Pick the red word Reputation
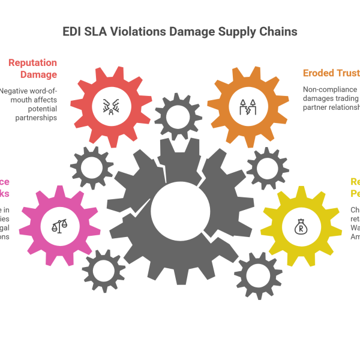(32, 62)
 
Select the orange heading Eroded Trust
(330, 73)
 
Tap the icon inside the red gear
(112, 106)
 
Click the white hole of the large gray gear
(180, 211)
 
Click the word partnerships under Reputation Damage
(37, 118)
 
